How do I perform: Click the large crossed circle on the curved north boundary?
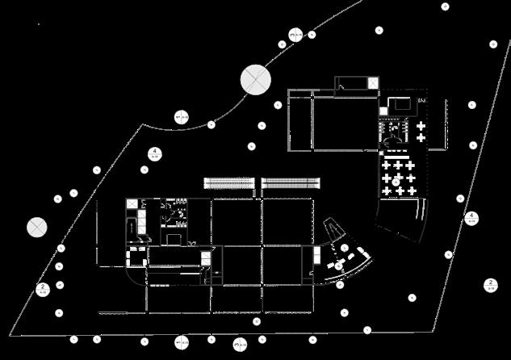point(256,79)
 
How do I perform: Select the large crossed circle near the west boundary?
point(36,227)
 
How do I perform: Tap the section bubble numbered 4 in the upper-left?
point(154,153)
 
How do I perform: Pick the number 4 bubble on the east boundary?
point(473,217)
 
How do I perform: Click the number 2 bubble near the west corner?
point(44,288)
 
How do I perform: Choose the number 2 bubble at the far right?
point(489,284)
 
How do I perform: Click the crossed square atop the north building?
point(371,84)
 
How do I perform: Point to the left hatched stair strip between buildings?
point(231,183)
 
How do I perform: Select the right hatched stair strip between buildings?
point(292,183)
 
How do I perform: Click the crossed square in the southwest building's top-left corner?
point(131,203)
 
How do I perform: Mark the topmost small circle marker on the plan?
point(445,6)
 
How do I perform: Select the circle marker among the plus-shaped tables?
point(397,179)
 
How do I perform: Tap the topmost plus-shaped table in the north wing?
point(421,115)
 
